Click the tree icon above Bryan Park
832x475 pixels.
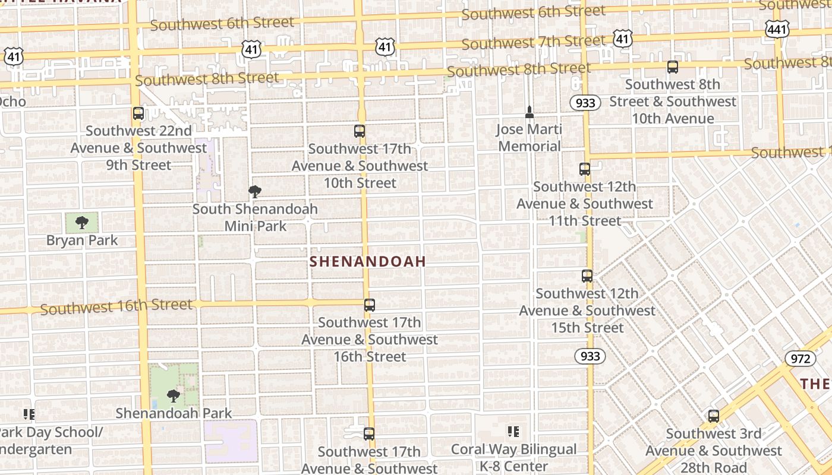pos(82,223)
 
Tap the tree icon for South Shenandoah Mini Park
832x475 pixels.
pos(255,192)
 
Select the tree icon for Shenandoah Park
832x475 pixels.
pos(173,395)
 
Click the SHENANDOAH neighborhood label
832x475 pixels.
pos(368,262)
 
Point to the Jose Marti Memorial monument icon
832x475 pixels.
pos(530,112)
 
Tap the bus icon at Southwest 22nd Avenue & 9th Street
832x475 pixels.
pos(138,113)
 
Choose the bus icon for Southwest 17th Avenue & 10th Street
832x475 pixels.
pos(360,131)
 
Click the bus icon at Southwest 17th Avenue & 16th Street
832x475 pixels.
pos(370,305)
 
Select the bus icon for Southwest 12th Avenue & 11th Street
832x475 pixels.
pos(585,169)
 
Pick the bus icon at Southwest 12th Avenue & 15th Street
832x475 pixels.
pos(587,276)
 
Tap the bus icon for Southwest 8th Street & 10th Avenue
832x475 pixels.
pos(673,67)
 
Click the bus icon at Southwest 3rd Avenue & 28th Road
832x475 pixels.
pos(714,416)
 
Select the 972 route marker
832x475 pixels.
pos(800,359)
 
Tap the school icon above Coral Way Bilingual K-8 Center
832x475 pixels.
pos(513,432)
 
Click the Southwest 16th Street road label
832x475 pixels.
pos(116,308)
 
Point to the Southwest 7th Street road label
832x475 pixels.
pos(533,42)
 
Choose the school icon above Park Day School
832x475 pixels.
pos(29,414)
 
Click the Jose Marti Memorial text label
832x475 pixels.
pos(530,138)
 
